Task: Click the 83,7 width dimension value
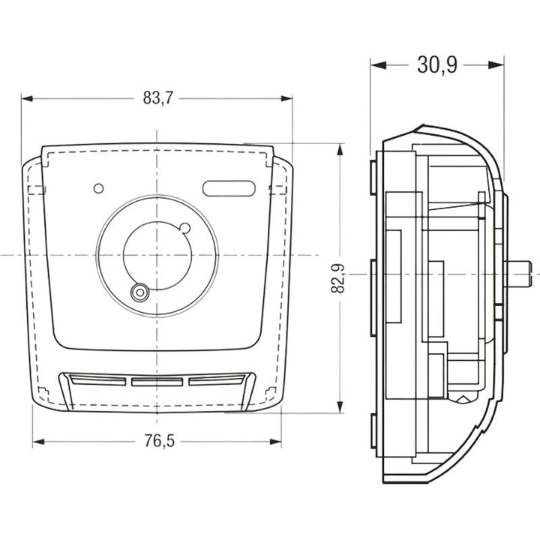[157, 98]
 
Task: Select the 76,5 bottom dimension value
[159, 441]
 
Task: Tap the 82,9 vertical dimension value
[338, 278]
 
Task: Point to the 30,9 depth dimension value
[437, 64]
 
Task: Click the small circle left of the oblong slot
[98, 188]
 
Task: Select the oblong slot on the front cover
[229, 188]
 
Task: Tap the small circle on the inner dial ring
[185, 228]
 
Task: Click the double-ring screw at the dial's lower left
[139, 292]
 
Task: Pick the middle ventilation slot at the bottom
[157, 382]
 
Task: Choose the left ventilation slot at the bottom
[98, 380]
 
